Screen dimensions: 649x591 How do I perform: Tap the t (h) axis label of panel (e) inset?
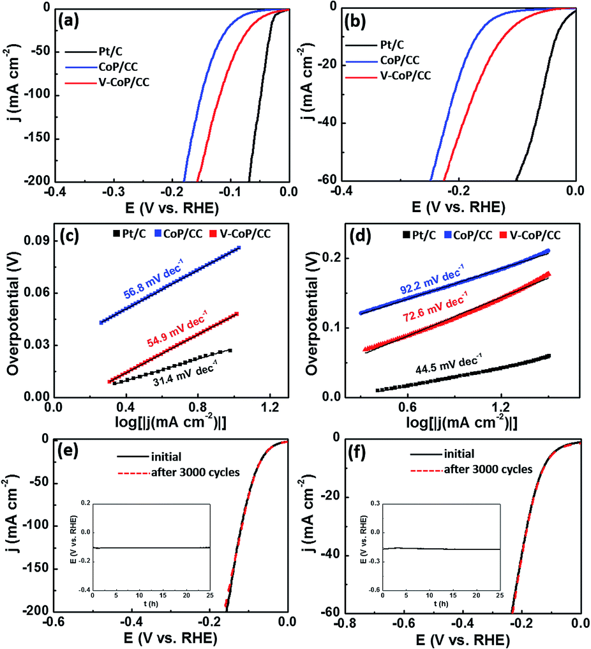150,602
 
